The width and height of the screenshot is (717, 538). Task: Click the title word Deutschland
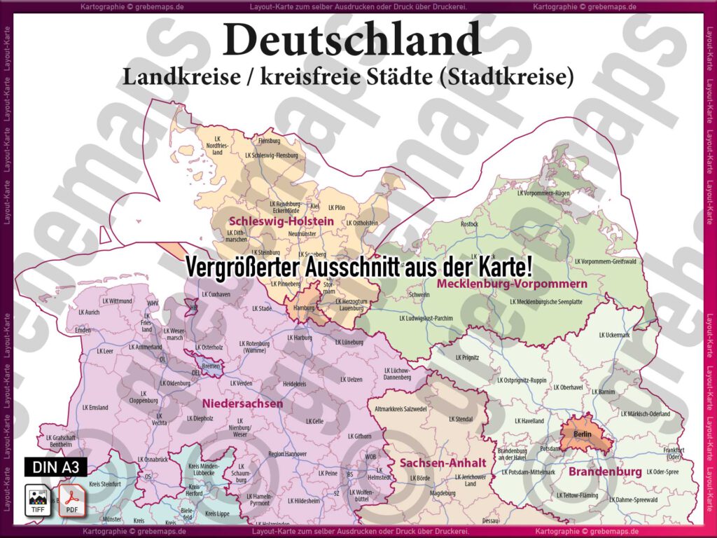click(352, 40)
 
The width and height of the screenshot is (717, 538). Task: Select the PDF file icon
click(71, 499)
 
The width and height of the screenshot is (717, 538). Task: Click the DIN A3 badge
click(53, 467)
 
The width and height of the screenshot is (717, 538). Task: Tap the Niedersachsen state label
click(243, 403)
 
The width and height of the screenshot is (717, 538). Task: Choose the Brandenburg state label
click(604, 472)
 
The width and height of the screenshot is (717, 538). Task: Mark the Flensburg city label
click(269, 141)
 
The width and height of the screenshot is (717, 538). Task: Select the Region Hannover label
click(287, 454)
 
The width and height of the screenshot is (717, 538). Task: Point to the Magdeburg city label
click(442, 493)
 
